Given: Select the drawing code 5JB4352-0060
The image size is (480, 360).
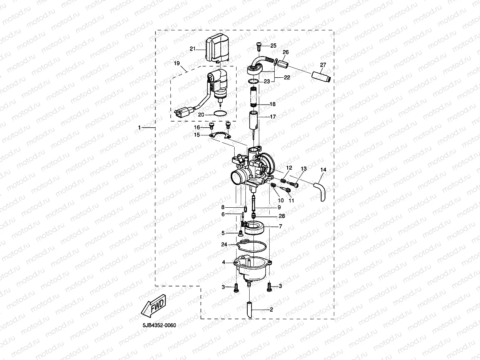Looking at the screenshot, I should (x=159, y=325).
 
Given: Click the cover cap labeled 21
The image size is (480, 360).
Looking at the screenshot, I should (x=218, y=48).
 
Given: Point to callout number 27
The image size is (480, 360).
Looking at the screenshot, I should (x=323, y=65).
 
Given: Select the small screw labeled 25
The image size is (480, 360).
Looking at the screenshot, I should (x=258, y=46).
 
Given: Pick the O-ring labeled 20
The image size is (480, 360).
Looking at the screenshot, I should (x=220, y=114).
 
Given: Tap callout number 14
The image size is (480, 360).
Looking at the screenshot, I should (x=323, y=170).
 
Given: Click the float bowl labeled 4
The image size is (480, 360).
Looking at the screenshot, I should (x=252, y=268).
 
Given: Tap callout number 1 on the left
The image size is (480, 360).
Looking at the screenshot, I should (x=140, y=127).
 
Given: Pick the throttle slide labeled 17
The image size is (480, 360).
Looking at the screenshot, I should (x=253, y=121).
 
